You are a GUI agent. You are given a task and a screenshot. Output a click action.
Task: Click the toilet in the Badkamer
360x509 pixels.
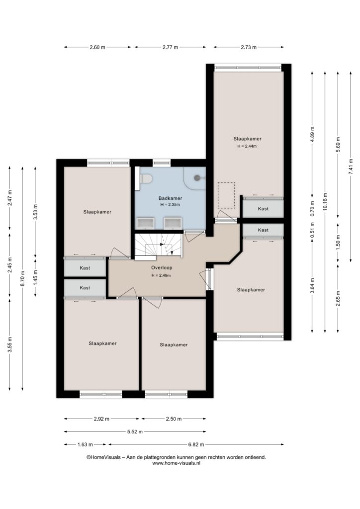[x=146, y=178]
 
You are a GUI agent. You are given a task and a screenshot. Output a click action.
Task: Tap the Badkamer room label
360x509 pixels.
[x=170, y=198]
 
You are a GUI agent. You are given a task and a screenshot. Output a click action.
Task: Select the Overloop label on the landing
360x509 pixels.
[x=162, y=268]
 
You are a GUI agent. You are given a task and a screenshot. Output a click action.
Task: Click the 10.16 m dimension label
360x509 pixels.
[x=325, y=202]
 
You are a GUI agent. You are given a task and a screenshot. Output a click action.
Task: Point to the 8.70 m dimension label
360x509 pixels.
[x=22, y=278]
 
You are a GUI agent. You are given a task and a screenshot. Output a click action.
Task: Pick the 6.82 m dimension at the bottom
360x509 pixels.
[x=196, y=444]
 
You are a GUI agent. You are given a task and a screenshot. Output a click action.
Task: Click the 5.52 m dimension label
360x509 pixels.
[x=135, y=432]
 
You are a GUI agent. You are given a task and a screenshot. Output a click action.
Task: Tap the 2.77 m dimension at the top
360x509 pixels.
[x=170, y=47]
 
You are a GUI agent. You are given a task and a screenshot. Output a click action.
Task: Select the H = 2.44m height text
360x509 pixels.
[x=247, y=146]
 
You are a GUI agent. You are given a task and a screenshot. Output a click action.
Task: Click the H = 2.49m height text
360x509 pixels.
[x=161, y=275]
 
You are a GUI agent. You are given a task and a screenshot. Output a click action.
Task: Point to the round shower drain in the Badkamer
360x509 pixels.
[x=197, y=177]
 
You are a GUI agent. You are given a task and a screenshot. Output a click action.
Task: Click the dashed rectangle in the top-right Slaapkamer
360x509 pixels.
[x=226, y=195]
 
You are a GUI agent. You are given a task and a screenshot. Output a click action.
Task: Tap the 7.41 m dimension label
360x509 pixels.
[x=351, y=167]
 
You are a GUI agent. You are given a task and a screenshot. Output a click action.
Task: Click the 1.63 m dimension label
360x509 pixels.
[x=85, y=444]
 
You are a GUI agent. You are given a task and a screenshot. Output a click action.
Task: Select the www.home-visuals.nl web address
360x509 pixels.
[x=176, y=463]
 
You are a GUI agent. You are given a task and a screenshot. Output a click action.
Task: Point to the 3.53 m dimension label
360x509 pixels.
[x=35, y=212]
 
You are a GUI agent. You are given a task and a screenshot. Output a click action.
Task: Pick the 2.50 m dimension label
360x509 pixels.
[x=174, y=419]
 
